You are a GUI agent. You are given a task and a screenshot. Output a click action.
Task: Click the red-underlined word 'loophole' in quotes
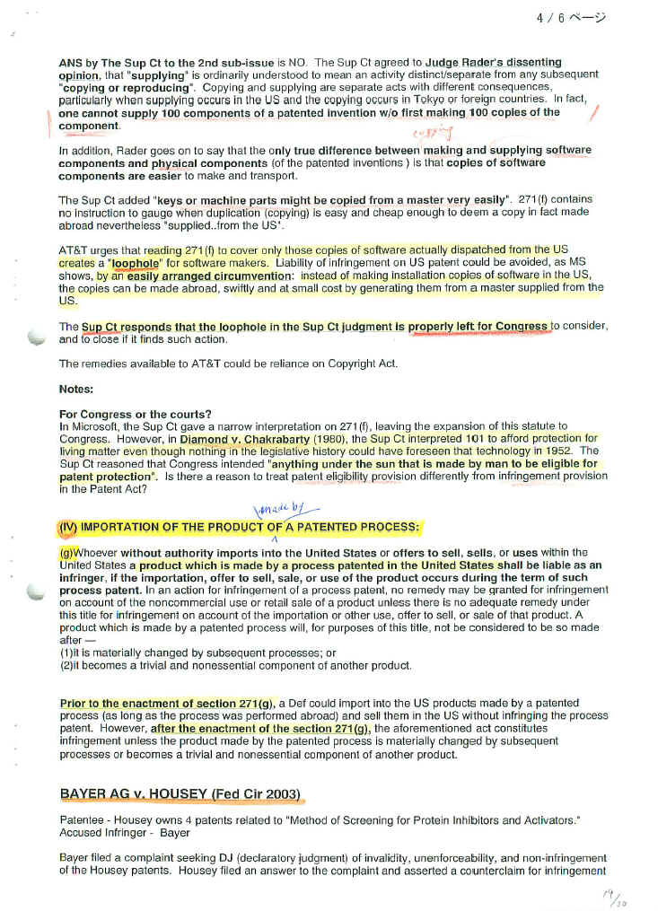(134, 263)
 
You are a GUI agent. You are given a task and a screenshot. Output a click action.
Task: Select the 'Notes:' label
(75, 389)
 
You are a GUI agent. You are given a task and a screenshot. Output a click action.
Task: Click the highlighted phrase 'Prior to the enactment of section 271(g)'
(168, 703)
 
